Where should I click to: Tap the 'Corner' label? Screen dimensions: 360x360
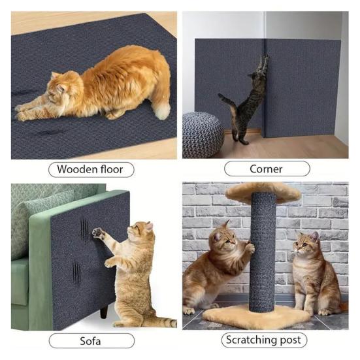[x=267, y=169]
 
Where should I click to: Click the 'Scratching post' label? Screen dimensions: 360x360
[x=264, y=340]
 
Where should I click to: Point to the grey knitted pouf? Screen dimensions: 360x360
[x=203, y=135]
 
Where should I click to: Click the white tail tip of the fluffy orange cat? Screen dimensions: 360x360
[x=163, y=111]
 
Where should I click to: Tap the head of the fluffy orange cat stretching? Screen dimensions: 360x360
[x=59, y=88]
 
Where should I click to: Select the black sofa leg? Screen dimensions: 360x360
[x=104, y=310]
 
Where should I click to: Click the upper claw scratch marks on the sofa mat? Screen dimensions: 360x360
[x=84, y=230]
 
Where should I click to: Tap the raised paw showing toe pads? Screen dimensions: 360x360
[x=97, y=233]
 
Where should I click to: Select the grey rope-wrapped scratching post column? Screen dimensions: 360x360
[x=263, y=253]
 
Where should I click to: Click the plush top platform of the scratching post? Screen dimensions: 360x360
[x=263, y=192]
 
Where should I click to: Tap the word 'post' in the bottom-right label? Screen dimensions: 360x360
[x=291, y=340]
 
